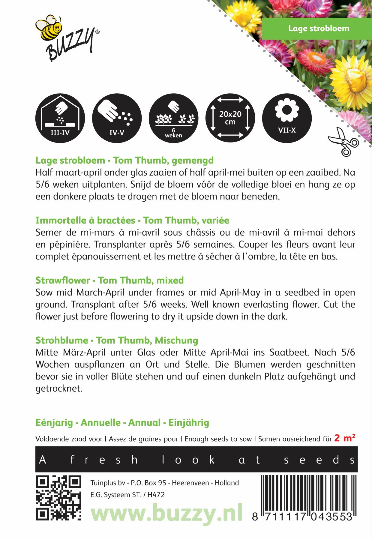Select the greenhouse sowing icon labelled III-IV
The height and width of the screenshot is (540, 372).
60,118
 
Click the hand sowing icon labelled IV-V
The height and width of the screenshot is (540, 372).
117,118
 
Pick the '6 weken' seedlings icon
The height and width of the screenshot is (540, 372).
173,118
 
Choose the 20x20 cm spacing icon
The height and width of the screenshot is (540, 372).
230,118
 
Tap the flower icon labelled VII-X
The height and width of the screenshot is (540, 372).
287,118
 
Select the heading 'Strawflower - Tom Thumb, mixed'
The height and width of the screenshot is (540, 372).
109,280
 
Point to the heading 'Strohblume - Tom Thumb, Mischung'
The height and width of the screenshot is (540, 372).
117,340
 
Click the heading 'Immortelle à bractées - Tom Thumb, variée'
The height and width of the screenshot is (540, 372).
132,220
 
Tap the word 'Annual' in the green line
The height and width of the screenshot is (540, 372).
144,423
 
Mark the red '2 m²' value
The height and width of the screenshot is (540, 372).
345,438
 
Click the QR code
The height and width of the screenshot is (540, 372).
58,498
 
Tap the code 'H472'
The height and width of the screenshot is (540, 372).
156,495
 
